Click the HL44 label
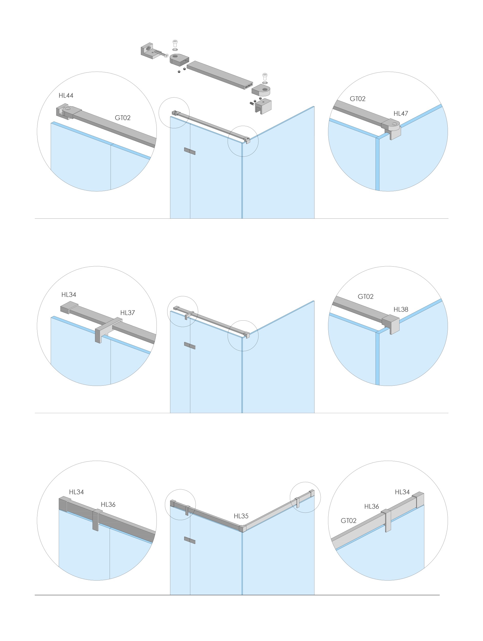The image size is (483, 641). click(66, 96)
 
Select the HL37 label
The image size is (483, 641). click(128, 313)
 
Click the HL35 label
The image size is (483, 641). click(241, 516)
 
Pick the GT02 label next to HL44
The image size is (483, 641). click(123, 118)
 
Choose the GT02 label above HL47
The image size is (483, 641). click(358, 99)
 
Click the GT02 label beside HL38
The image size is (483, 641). click(365, 297)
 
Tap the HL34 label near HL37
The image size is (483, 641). click(69, 295)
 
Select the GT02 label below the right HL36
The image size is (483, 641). click(348, 521)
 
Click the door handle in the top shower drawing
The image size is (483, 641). click(190, 151)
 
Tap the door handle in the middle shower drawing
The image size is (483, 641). click(190, 346)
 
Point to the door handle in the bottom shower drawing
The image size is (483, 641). click(190, 540)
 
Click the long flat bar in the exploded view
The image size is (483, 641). click(220, 75)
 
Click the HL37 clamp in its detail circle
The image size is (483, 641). click(108, 329)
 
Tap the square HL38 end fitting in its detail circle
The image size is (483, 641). click(391, 324)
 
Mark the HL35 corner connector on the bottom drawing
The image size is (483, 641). click(243, 528)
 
